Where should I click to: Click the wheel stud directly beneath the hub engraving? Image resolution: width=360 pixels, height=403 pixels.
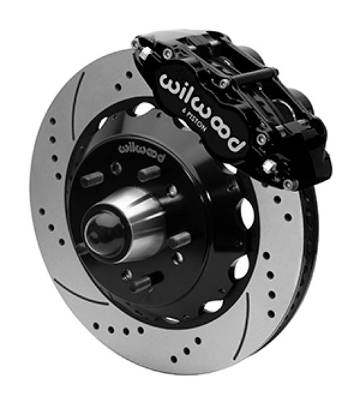(148, 173)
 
